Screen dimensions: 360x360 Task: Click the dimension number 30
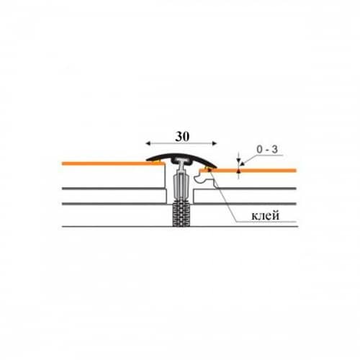[182, 137]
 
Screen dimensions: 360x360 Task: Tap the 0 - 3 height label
[267, 150]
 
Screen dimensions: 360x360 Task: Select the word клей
[266, 215]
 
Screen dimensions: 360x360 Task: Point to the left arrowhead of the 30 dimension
[148, 143]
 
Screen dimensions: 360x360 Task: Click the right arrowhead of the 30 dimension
[215, 143]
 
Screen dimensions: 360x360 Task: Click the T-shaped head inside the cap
[181, 161]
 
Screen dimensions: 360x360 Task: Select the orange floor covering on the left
[113, 163]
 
